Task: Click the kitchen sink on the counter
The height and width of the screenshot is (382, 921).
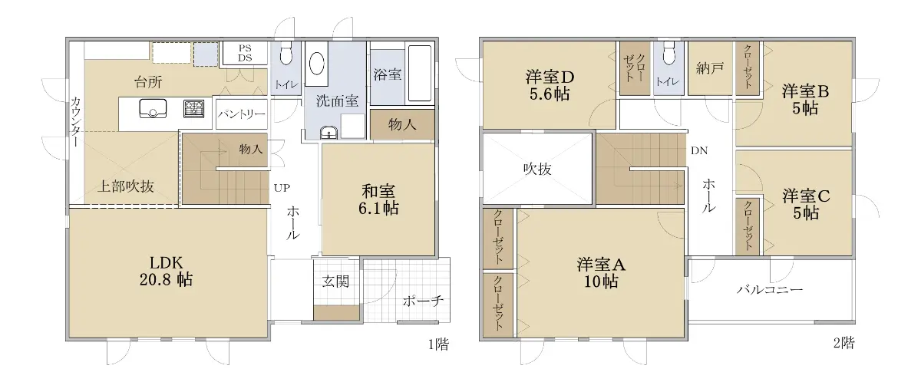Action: point(153,109)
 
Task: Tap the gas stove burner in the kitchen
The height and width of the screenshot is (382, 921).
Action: point(194,109)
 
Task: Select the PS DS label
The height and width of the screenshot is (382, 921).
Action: point(245,53)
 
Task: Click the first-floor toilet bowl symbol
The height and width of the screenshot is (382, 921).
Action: point(286,53)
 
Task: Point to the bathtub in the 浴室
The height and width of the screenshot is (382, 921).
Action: point(419,73)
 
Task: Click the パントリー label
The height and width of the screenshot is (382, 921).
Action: point(241,114)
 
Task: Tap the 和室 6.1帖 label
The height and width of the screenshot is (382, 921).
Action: point(378,199)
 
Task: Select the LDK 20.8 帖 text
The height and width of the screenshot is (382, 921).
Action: point(166,271)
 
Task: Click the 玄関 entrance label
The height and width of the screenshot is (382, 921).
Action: point(336,282)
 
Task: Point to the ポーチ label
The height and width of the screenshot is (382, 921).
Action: point(423,301)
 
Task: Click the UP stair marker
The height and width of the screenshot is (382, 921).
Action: point(282,188)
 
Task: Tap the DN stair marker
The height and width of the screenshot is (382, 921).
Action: point(699,151)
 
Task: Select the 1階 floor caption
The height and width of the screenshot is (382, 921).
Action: point(439,344)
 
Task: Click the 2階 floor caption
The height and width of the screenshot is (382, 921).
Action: point(844,343)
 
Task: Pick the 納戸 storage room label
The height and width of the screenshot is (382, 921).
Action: point(710,68)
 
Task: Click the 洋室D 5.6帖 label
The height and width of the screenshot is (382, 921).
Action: point(550,85)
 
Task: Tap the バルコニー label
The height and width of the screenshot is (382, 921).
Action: point(770,290)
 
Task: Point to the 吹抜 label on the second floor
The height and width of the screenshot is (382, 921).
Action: point(537,169)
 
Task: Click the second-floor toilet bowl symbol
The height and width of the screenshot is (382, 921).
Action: point(669,53)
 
